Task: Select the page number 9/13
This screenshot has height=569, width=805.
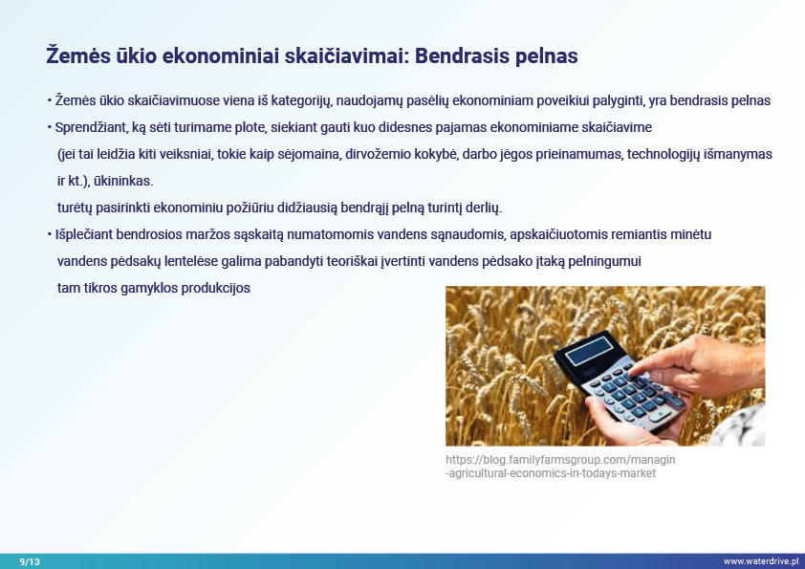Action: click(30, 561)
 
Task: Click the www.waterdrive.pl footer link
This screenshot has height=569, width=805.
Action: click(761, 561)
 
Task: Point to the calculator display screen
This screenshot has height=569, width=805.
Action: click(589, 351)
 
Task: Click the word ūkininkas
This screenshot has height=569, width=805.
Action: click(123, 182)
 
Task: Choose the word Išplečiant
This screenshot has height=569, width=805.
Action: click(84, 234)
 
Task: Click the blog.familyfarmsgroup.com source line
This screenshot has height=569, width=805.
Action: click(560, 460)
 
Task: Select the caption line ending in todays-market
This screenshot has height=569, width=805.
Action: click(551, 473)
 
